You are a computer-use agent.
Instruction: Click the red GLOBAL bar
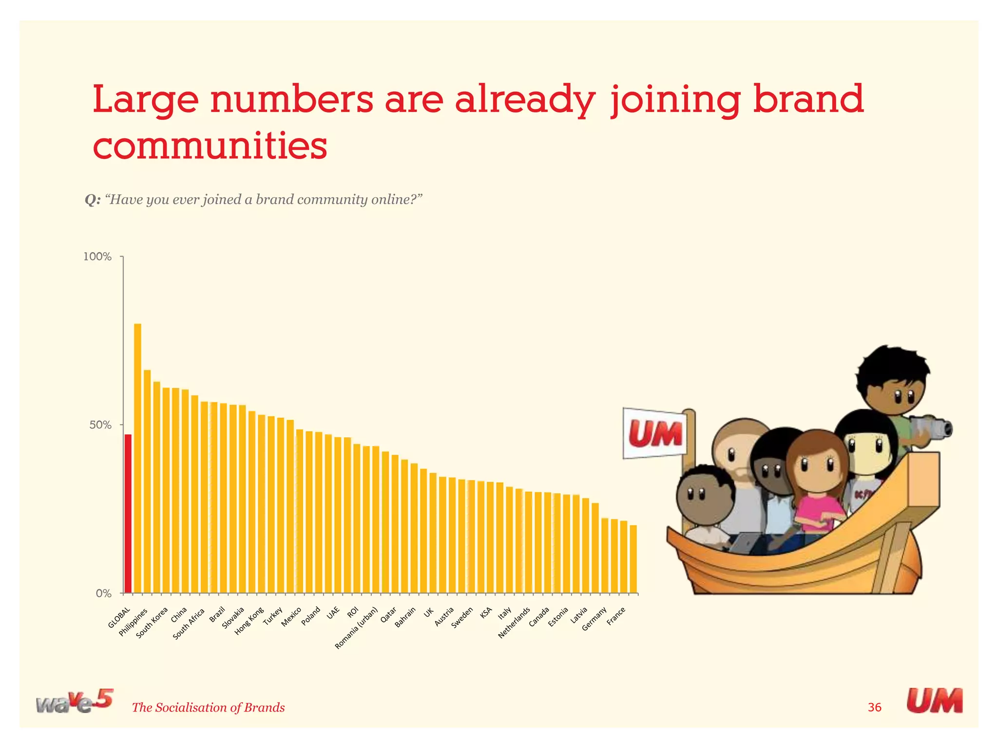click(128, 513)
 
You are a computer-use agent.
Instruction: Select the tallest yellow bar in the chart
click(137, 458)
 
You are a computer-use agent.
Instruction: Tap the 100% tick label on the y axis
click(97, 257)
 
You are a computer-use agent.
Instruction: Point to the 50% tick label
click(100, 425)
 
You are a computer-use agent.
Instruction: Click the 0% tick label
click(103, 594)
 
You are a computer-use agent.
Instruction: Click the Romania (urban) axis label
click(356, 628)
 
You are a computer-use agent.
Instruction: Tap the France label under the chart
click(616, 617)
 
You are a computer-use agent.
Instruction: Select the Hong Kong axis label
click(249, 621)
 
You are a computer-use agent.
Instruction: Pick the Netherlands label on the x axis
click(514, 623)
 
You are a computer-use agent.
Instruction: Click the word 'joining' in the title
click(675, 100)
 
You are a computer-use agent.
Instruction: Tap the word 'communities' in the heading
click(210, 146)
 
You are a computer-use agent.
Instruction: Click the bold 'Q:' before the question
click(93, 200)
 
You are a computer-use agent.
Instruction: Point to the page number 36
click(874, 707)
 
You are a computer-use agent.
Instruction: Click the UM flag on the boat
click(654, 433)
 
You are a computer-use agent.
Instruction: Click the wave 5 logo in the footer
click(74, 701)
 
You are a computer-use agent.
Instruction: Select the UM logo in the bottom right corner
click(934, 701)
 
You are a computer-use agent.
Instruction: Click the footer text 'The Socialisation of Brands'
click(208, 708)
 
